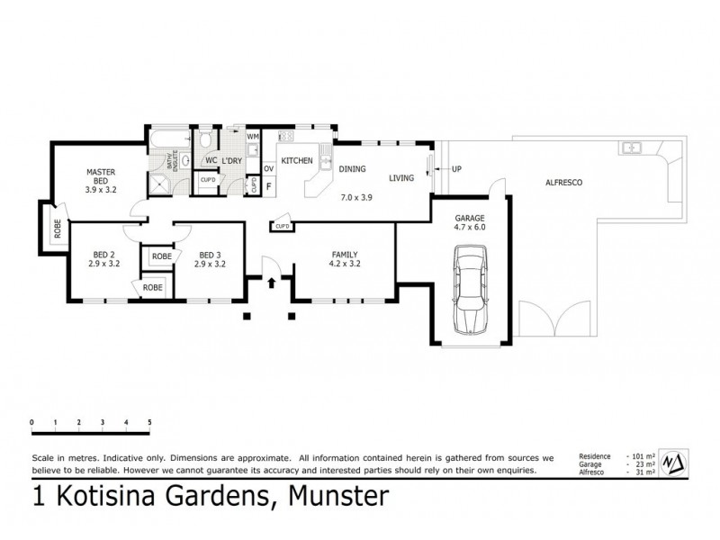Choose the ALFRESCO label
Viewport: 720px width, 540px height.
[564, 183]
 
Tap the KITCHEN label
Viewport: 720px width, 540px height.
[297, 160]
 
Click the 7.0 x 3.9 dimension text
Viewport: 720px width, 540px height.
[355, 196]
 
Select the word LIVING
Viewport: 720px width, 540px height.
[401, 178]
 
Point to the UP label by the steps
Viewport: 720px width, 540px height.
[456, 169]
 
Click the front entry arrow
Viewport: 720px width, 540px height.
[273, 282]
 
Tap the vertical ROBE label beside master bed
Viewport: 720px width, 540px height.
[57, 229]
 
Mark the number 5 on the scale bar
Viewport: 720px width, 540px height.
[149, 422]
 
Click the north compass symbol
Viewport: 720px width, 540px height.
[674, 463]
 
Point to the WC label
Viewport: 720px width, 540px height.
[211, 160]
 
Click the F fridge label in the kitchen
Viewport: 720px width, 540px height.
[268, 187]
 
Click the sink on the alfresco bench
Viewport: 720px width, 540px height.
[633, 147]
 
